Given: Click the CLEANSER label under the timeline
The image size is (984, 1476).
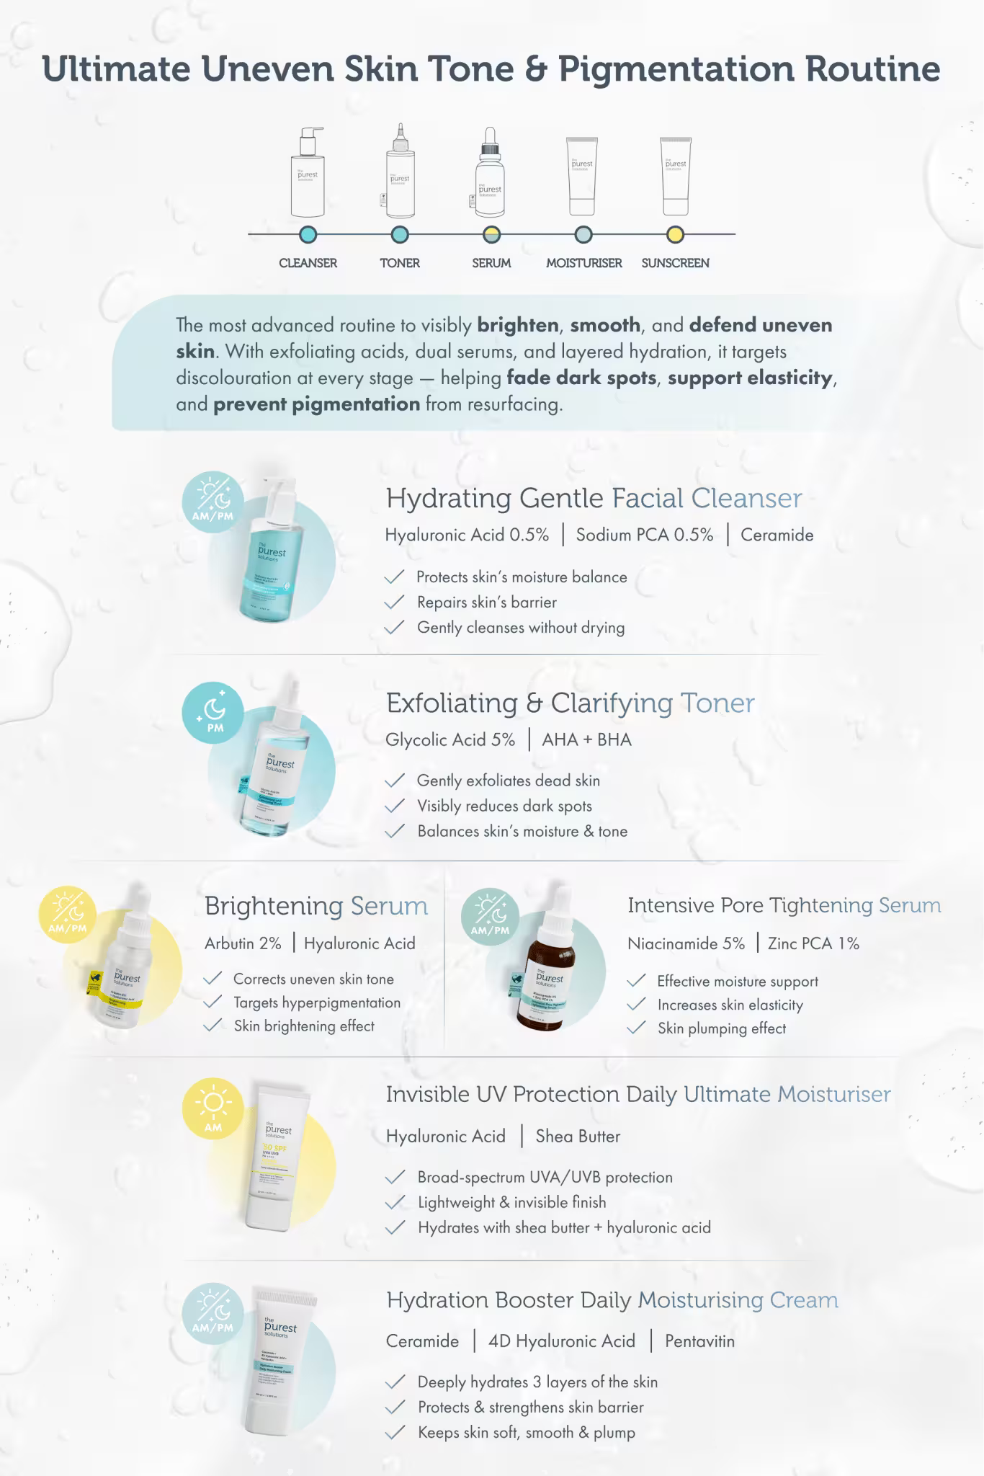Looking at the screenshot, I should (308, 263).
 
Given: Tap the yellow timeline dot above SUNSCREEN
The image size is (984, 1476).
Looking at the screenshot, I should (675, 234).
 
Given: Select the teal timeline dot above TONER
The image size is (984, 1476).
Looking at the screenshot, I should (400, 234).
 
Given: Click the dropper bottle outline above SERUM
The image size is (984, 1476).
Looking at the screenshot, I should (490, 173).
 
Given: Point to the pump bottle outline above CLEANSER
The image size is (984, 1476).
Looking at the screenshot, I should (308, 173).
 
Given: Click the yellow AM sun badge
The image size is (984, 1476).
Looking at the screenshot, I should (213, 1108).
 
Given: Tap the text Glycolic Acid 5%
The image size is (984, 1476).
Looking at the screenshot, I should (450, 740).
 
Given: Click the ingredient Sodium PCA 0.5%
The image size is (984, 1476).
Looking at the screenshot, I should (645, 535).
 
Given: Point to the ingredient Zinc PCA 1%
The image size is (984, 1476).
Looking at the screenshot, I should (813, 943).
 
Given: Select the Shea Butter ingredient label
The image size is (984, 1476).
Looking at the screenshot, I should (578, 1137).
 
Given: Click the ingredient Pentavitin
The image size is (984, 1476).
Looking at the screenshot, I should (699, 1341).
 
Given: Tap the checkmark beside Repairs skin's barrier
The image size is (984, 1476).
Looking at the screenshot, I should (395, 603).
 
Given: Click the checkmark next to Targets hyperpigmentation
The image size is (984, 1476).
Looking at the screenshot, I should (213, 1002).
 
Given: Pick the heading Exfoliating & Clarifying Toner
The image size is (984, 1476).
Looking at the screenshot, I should (570, 703).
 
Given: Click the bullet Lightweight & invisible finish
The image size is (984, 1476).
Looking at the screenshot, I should (511, 1202).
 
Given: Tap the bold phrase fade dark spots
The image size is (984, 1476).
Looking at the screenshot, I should (581, 378).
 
